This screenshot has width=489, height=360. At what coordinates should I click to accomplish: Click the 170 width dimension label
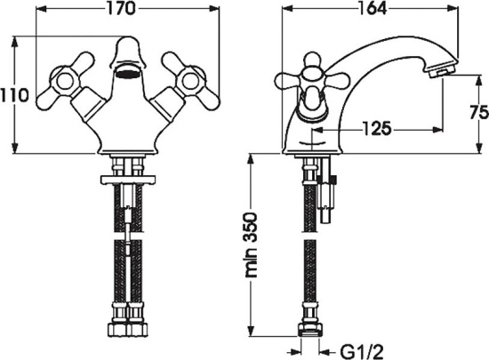(122, 9)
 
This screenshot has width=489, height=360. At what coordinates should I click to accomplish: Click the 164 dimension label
(373, 8)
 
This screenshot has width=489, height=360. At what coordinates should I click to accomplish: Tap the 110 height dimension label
(14, 95)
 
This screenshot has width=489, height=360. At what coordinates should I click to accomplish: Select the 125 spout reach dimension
(377, 128)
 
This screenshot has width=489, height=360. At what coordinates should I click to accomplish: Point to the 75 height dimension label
(479, 113)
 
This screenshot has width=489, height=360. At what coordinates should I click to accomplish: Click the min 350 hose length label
(252, 245)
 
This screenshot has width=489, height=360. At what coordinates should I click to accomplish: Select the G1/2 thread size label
(361, 352)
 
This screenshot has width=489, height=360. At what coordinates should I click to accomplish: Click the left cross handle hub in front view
(66, 81)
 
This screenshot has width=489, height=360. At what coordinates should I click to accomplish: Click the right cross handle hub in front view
(190, 82)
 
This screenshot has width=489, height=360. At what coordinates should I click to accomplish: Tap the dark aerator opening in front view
(128, 75)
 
